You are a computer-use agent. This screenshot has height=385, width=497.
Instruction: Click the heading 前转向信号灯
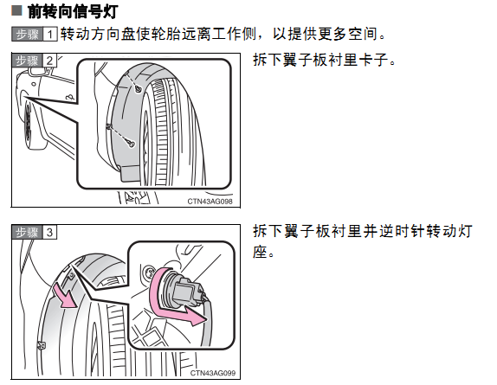[x=73, y=12]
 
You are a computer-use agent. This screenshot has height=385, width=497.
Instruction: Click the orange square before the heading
[x=16, y=10]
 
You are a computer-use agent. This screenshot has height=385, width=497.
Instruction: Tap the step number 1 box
[x=49, y=35]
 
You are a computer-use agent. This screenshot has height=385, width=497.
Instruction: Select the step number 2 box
[x=49, y=61]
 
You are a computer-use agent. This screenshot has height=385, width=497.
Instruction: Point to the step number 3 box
[x=49, y=233]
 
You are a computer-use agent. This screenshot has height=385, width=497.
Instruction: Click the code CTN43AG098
[x=210, y=202]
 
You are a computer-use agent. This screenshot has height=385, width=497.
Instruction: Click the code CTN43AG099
[x=213, y=373]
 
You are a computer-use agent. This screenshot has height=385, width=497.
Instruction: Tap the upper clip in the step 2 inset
[x=139, y=89]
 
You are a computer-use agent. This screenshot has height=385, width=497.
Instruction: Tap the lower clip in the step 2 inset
[x=132, y=144]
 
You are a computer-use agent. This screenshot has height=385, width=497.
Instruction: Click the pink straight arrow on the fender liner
[x=65, y=296]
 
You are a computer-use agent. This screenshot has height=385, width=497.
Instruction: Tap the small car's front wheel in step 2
[x=29, y=125]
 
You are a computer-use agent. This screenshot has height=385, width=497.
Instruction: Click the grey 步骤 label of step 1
[x=27, y=35]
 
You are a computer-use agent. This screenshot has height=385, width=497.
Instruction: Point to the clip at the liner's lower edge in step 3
[x=42, y=345]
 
